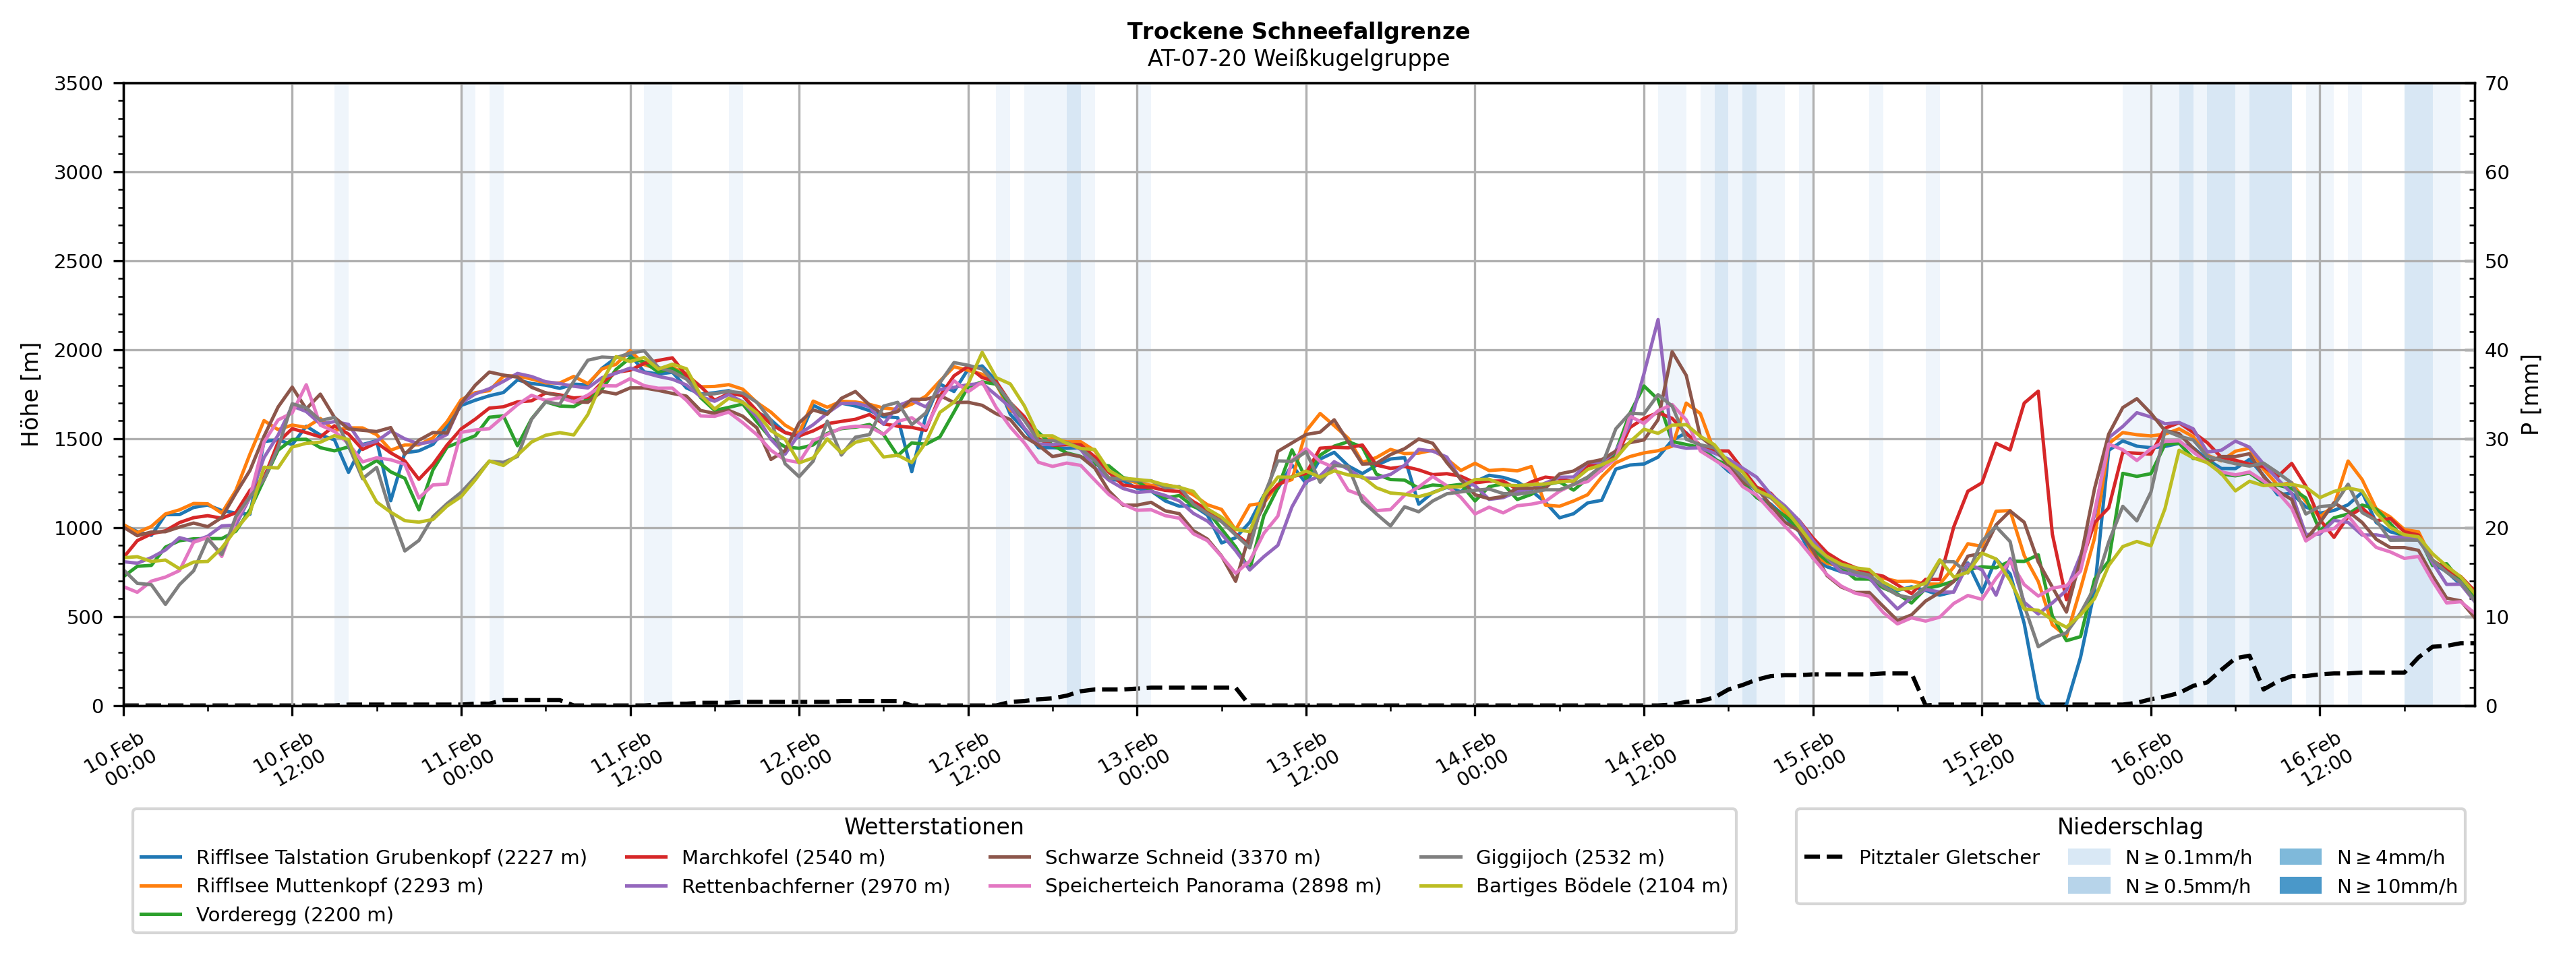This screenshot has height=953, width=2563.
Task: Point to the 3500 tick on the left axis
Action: pyautogui.click(x=79, y=84)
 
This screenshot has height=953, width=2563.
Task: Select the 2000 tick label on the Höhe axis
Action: pyautogui.click(x=79, y=350)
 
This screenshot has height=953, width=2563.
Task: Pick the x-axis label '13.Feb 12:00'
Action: pyautogui.click(x=1303, y=760)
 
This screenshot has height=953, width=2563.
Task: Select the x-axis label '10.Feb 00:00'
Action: pyautogui.click(x=121, y=760)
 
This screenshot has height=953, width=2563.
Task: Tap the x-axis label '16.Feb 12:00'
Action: pyautogui.click(x=2318, y=760)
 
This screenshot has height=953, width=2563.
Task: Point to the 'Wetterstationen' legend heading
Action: pyautogui.click(x=933, y=827)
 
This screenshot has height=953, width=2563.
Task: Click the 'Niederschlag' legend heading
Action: pyautogui.click(x=2129, y=827)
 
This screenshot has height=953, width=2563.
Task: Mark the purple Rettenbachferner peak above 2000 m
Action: pyautogui.click(x=1657, y=320)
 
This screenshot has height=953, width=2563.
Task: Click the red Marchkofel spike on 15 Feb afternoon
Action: pyautogui.click(x=2038, y=392)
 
